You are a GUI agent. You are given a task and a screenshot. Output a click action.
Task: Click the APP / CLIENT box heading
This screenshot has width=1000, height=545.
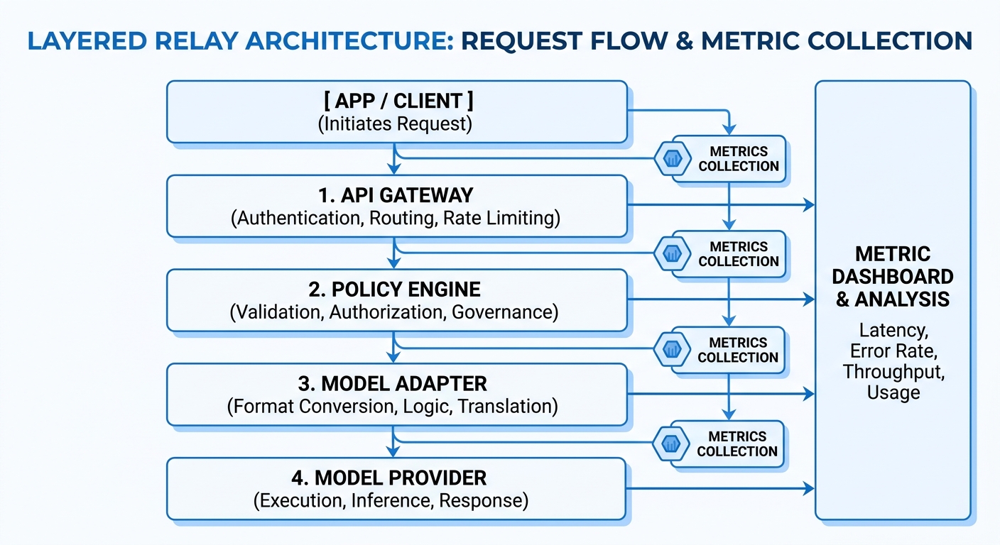pos(396,101)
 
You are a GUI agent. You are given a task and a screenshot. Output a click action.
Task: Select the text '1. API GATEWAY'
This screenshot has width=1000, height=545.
pos(396,194)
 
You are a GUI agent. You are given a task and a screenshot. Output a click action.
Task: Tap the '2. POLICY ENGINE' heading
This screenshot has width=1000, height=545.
pos(396,289)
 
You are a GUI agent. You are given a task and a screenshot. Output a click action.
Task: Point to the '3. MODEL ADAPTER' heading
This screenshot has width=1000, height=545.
pos(396,384)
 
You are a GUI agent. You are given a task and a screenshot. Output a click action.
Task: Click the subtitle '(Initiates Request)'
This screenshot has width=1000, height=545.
pos(396,123)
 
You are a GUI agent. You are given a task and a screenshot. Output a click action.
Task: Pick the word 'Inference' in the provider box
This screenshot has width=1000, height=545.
pos(391,500)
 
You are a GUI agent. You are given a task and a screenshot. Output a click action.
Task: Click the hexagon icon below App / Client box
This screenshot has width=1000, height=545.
pos(671,159)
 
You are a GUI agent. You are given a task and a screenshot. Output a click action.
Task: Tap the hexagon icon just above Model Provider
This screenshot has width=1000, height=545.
pos(670,444)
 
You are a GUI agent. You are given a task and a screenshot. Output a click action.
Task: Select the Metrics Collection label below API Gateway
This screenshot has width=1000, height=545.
pos(739,254)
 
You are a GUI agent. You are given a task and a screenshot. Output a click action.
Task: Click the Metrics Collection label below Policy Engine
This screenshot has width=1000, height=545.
pos(739,350)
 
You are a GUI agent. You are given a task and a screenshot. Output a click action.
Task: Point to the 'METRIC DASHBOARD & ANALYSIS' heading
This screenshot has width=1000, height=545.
pos(893,277)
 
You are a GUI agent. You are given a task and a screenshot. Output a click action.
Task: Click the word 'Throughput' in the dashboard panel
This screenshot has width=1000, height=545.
pos(893,371)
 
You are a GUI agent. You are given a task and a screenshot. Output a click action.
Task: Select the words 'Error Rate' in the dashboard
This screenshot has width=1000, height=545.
pos(893,351)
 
